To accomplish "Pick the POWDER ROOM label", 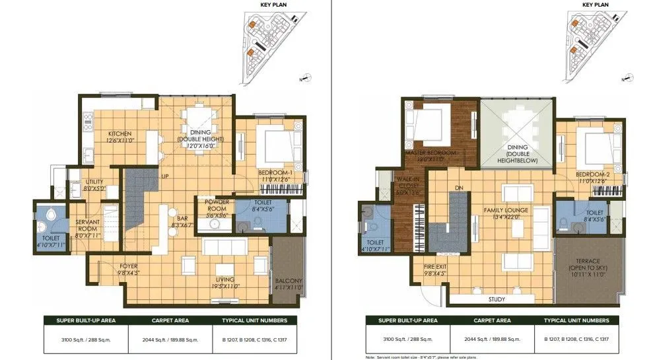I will click(217, 205).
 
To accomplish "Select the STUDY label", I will click(496, 299).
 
